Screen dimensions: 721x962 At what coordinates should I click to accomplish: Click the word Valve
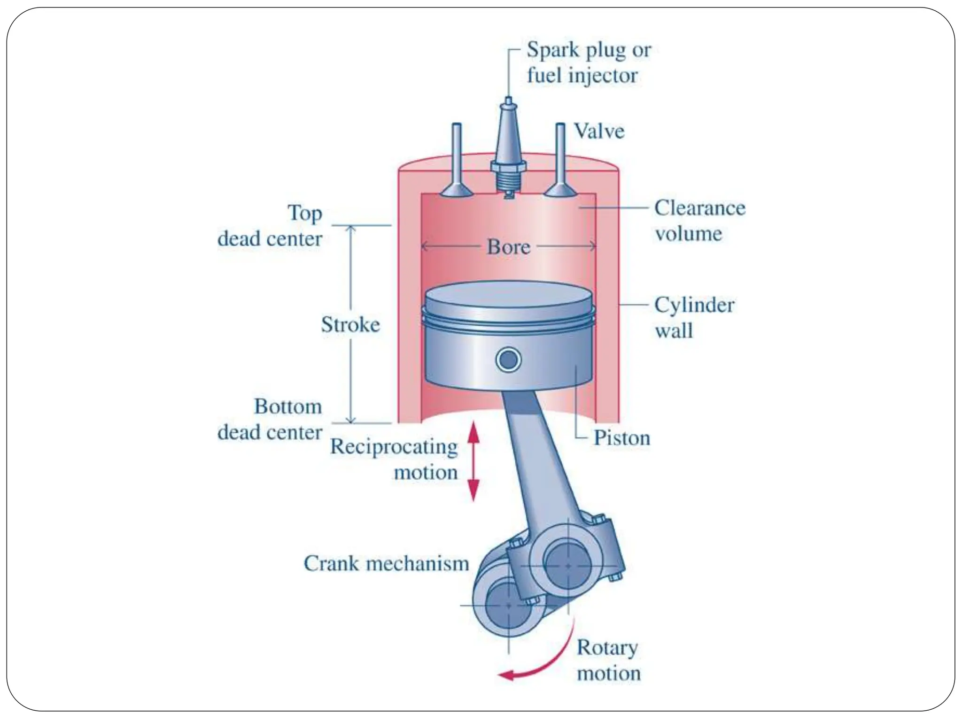point(599,131)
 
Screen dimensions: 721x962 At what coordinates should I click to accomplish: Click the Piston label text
point(622,438)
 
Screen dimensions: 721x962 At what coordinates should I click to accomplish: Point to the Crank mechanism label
point(386,563)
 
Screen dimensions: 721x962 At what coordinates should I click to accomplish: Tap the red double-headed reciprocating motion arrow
point(474,461)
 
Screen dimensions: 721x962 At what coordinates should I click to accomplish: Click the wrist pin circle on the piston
point(508,360)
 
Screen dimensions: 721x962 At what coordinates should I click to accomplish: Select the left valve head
point(456,190)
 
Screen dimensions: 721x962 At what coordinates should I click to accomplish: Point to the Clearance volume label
point(699,221)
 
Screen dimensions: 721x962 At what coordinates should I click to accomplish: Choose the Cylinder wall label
point(694,318)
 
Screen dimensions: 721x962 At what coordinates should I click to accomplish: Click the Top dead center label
point(270,226)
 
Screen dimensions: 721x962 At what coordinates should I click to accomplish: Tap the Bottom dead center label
point(270,419)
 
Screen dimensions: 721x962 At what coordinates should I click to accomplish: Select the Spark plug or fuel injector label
point(588,62)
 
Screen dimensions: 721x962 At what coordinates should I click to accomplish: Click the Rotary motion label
point(608,660)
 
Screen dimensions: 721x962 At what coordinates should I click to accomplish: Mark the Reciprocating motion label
point(394,459)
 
